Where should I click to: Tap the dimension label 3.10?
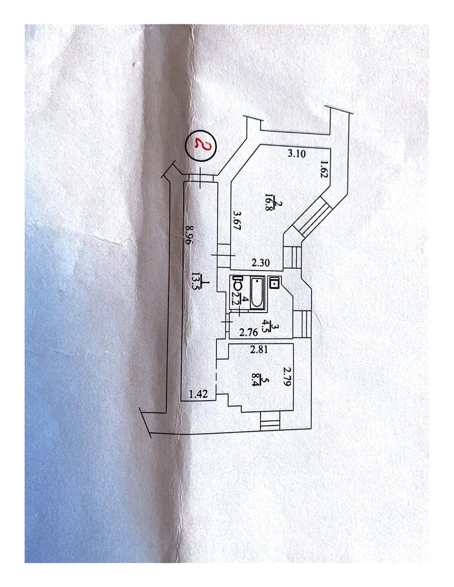point(296,154)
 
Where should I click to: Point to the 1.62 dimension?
point(324,169)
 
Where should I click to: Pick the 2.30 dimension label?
point(261,263)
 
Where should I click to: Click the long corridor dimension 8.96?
point(188,235)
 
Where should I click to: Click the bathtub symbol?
point(257,293)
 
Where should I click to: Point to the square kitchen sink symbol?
point(275,283)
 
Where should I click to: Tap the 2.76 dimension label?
point(248,332)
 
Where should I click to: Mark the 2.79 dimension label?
point(287,376)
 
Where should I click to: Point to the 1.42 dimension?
point(198,394)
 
